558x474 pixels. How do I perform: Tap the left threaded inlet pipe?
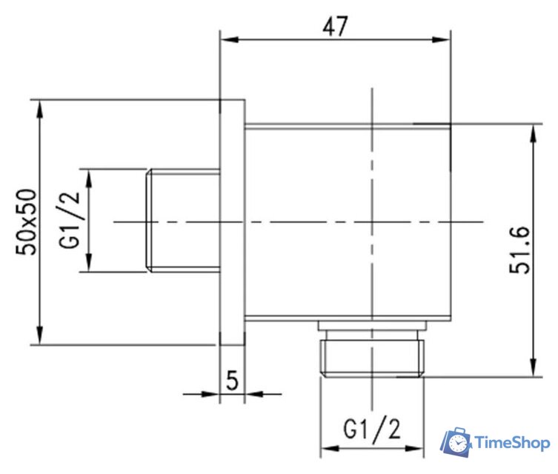pyautogui.click(x=185, y=221)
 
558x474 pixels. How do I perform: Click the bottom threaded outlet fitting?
pyautogui.click(x=371, y=357)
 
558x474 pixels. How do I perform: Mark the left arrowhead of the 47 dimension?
pyautogui.click(x=225, y=40)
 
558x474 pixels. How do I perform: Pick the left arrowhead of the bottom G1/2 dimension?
pyautogui.click(x=325, y=449)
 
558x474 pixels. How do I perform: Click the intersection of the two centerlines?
pyautogui.click(x=371, y=221)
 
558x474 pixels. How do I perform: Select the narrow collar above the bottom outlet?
pyautogui.click(x=371, y=327)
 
